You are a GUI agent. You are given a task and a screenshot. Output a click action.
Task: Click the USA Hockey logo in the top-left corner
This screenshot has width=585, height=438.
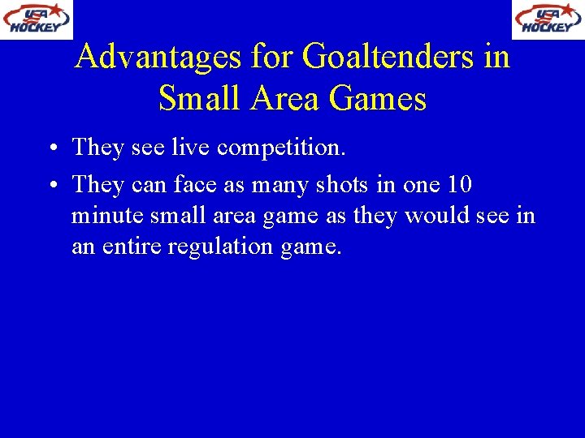tap(37, 19)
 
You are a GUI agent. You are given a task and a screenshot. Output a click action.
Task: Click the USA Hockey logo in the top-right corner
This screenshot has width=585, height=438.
tap(547, 19)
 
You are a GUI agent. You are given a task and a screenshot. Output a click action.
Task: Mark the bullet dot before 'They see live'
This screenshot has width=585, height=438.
tap(51, 148)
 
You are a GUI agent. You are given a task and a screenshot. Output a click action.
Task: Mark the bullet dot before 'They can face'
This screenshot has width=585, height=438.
tap(51, 186)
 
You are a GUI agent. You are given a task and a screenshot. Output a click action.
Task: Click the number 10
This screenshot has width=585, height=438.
tap(459, 185)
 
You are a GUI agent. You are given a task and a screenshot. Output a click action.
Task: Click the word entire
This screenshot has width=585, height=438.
tap(132, 247)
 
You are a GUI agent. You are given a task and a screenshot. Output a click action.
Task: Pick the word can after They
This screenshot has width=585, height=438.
tap(147, 185)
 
